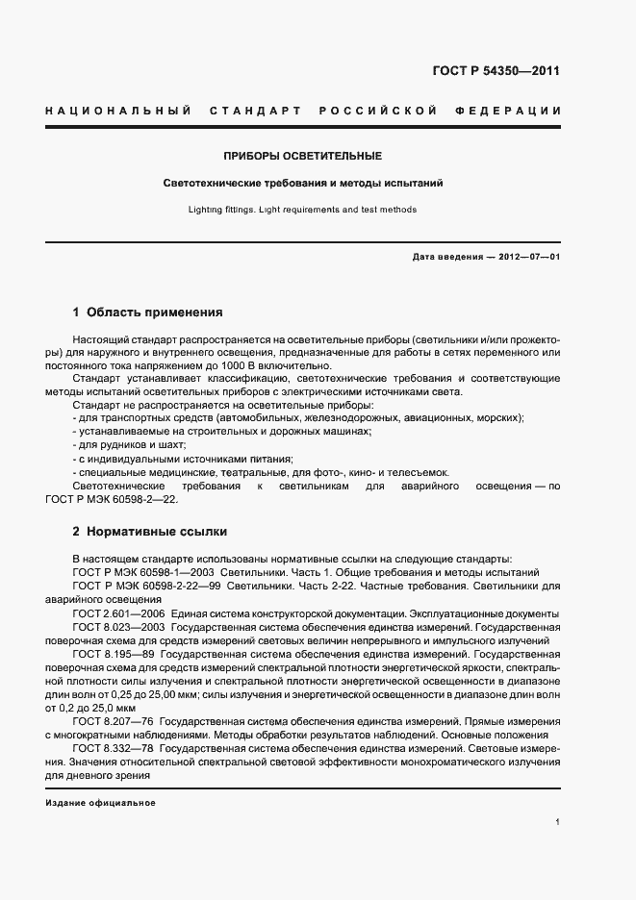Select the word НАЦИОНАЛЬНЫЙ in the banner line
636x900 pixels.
tap(116, 112)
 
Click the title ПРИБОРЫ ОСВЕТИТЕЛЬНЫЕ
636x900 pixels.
tap(303, 156)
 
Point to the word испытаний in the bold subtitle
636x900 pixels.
tap(416, 182)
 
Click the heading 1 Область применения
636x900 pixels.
tap(148, 312)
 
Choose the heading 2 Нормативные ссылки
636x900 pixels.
tap(150, 531)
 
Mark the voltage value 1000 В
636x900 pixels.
tap(276, 364)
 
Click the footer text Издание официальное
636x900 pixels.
tap(100, 803)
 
